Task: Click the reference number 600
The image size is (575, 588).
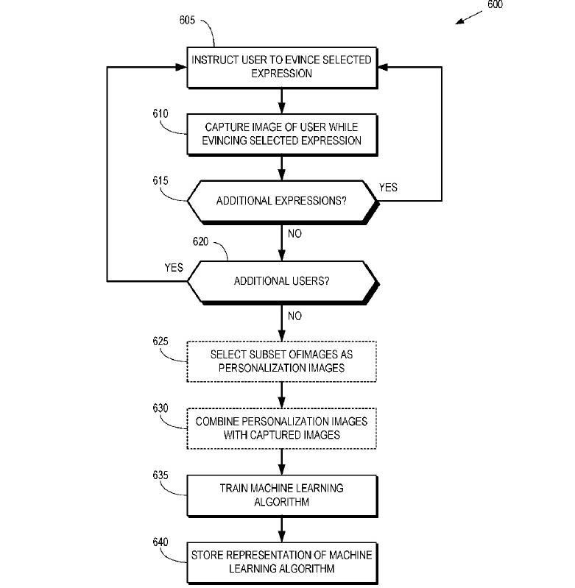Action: pos(494,5)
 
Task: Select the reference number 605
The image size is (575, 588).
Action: pos(187,20)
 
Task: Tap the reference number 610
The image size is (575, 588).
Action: pos(160,114)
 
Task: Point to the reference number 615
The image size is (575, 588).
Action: pos(160,180)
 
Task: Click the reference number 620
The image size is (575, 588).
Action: pos(200,241)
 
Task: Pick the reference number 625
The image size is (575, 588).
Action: pos(160,341)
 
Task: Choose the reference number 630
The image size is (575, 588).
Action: pos(160,408)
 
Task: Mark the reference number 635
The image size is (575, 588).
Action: pos(160,475)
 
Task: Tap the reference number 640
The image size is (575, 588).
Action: pos(160,542)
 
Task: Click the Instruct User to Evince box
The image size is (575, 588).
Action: pos(281,66)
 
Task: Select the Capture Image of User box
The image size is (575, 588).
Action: pos(281,134)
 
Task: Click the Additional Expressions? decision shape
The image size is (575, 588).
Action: pos(282,201)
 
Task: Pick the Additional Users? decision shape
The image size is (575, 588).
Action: pos(282,281)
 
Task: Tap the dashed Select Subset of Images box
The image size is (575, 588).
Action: pos(281,361)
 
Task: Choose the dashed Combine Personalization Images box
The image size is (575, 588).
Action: pos(281,428)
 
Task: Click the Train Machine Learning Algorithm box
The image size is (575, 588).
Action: pos(281,495)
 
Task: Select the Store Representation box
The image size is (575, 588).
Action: pos(281,562)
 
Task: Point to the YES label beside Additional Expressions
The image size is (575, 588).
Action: pos(388,188)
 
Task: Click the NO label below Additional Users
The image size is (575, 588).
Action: pos(294,316)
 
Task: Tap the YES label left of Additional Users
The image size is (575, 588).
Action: pos(174,268)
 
